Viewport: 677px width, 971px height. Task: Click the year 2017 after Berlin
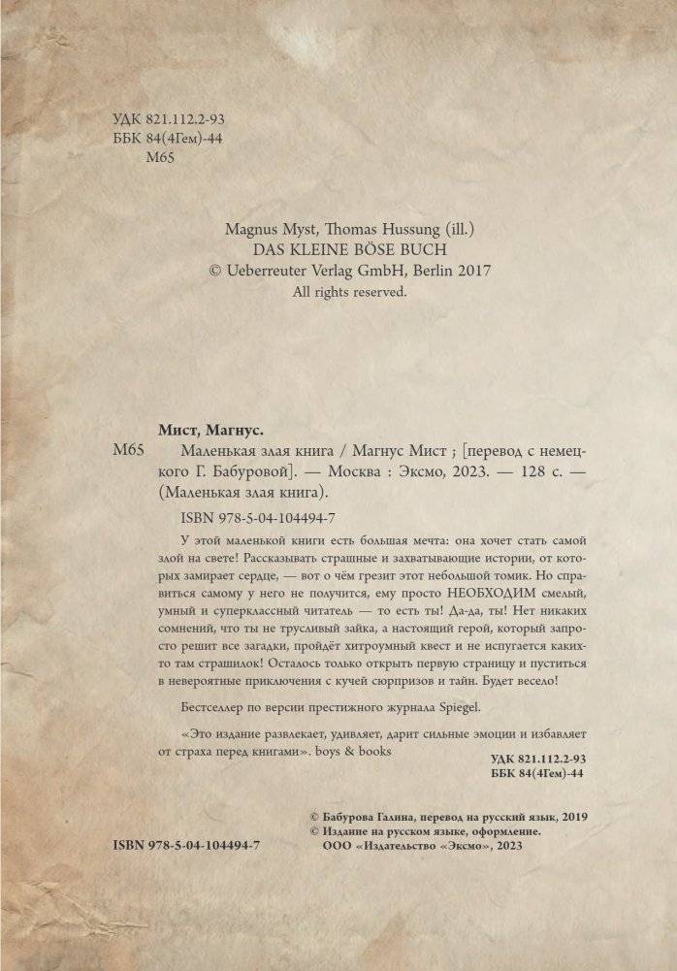[x=473, y=271]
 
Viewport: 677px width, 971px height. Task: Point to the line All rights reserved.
[x=350, y=291]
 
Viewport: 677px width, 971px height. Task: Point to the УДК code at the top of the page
[x=169, y=119]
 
